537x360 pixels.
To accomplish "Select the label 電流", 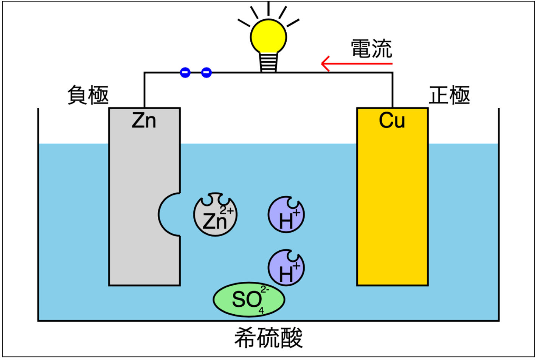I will pos(371,49).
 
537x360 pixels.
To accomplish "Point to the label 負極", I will pos(88,95).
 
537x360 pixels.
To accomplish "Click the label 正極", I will pos(449,95).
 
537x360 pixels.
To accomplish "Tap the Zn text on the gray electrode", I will pos(144,121).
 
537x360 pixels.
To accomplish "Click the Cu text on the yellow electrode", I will pos(392,121).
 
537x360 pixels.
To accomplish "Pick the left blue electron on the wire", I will pos(185,72).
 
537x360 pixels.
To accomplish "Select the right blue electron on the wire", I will pos(206,72).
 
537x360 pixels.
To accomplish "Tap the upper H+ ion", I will pos(286,215).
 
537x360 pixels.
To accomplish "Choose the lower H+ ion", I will pos(286,268).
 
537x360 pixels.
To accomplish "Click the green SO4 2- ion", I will pos(249,299).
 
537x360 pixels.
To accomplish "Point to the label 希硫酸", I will pos(268,338).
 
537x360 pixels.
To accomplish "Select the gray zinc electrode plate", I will pos(132,197).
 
